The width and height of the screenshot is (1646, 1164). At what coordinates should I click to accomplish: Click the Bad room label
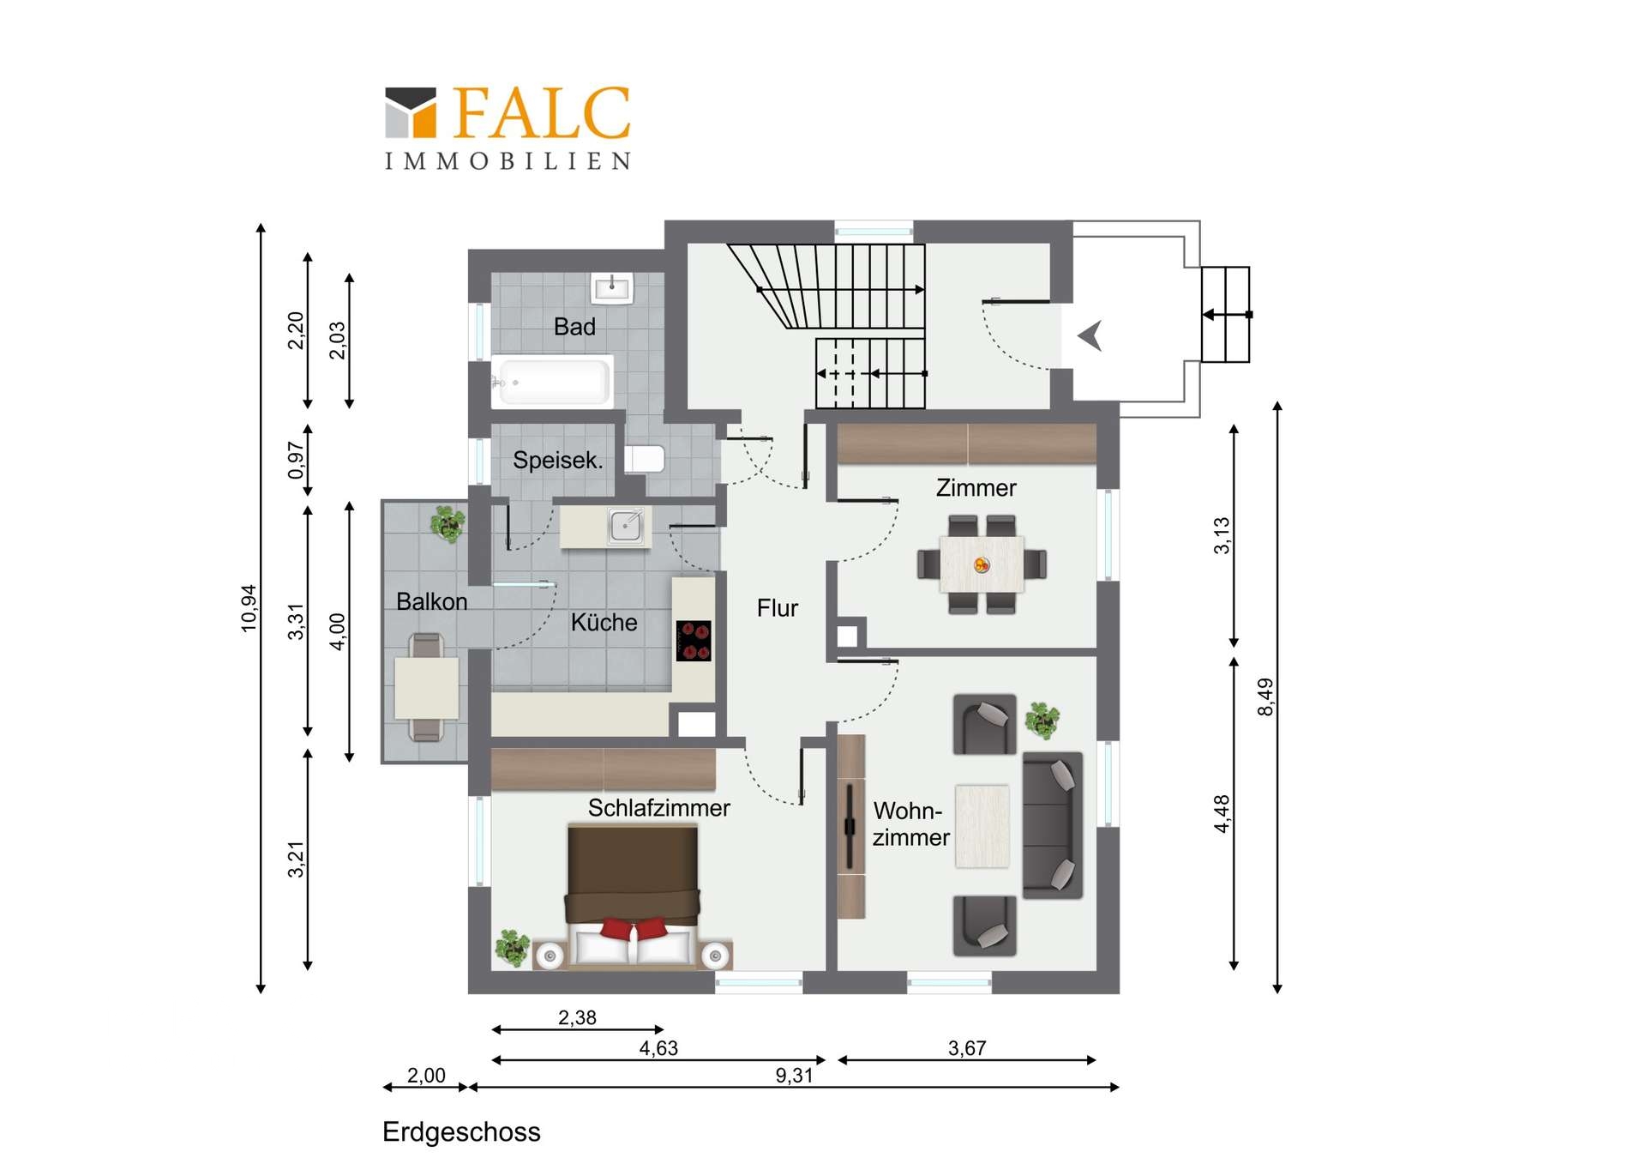coord(574,327)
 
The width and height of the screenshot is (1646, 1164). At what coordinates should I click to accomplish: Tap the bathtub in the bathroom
coord(552,380)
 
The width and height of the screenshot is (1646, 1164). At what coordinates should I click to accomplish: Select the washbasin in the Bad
coord(612,288)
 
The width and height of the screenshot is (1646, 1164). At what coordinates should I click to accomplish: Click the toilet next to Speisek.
coord(645,459)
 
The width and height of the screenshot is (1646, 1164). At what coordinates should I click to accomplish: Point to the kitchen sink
coord(626,525)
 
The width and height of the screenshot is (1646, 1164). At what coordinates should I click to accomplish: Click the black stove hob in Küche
coord(694,641)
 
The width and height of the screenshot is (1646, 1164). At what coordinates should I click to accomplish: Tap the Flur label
coord(778,608)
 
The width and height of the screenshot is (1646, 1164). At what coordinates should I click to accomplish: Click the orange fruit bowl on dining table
coord(982,564)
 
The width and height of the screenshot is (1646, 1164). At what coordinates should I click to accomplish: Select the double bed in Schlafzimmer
coord(633,896)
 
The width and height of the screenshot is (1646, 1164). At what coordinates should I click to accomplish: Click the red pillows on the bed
coord(634,927)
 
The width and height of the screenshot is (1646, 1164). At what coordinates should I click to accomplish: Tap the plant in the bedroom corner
coord(513,947)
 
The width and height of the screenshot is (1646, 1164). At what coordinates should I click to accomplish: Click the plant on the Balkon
coord(448,523)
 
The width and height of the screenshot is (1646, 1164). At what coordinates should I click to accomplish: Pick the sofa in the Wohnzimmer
coord(1053,825)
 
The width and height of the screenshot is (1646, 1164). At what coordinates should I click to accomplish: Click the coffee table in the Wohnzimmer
coord(982,826)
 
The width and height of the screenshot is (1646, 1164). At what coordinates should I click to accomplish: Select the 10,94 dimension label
coord(249,608)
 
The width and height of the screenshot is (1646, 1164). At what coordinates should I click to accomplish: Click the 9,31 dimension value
coord(794,1076)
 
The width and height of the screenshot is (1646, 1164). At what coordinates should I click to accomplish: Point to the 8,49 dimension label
coord(1265,697)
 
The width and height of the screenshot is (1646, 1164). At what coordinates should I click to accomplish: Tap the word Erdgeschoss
coord(461,1132)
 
